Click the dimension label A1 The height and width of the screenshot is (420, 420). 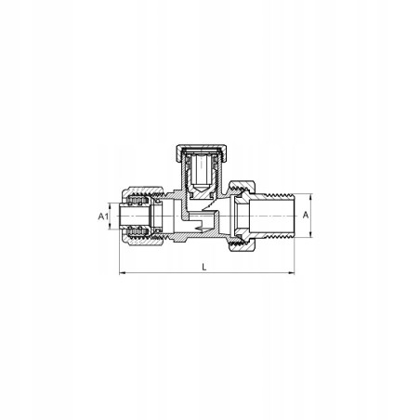coord(103,217)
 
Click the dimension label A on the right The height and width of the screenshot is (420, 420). coord(306,215)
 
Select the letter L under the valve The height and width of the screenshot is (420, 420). coord(204,267)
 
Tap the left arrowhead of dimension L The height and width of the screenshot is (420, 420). coord(122,273)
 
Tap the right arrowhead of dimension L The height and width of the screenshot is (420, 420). coord(292,273)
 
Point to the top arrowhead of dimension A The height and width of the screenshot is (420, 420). coord(310,197)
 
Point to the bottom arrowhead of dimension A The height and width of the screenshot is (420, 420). coord(310,234)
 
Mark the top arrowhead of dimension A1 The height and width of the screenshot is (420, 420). coord(110,205)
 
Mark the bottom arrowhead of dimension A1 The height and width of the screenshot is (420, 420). coord(110,227)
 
